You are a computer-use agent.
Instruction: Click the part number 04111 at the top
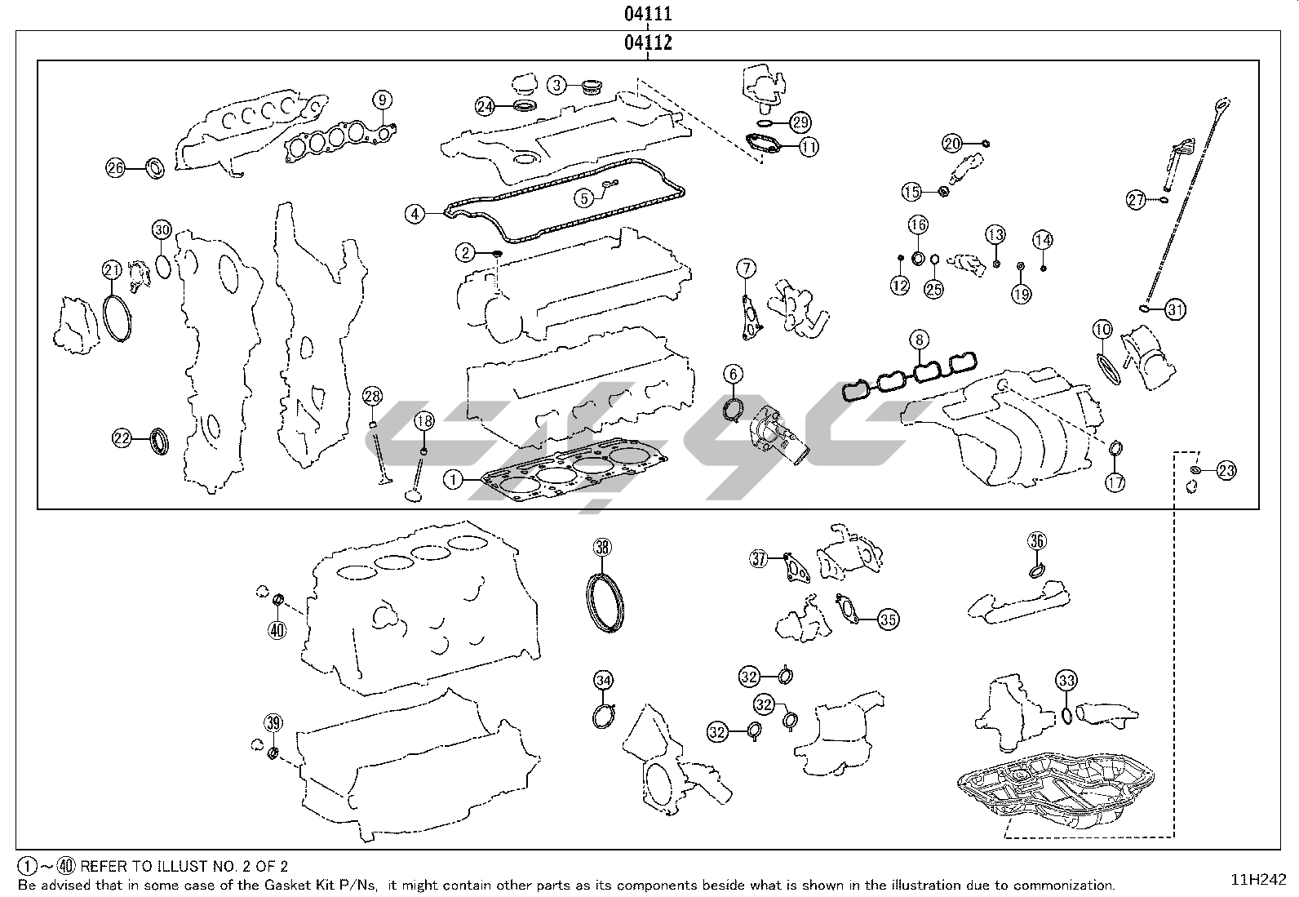click(649, 14)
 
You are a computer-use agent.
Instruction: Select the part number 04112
click(649, 42)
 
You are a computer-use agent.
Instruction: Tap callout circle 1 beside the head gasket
click(454, 480)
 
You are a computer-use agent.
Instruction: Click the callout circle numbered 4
click(415, 214)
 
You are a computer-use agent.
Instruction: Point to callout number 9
click(382, 100)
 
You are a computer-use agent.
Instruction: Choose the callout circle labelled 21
click(112, 269)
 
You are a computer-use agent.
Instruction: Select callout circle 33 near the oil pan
click(1066, 679)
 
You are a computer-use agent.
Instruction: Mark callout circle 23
click(1226, 469)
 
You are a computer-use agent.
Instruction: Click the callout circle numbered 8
click(919, 339)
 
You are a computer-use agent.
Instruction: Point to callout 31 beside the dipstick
click(1174, 309)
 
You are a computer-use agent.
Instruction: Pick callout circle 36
click(1036, 540)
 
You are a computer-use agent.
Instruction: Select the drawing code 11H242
click(1258, 879)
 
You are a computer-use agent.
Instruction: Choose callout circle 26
click(115, 168)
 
